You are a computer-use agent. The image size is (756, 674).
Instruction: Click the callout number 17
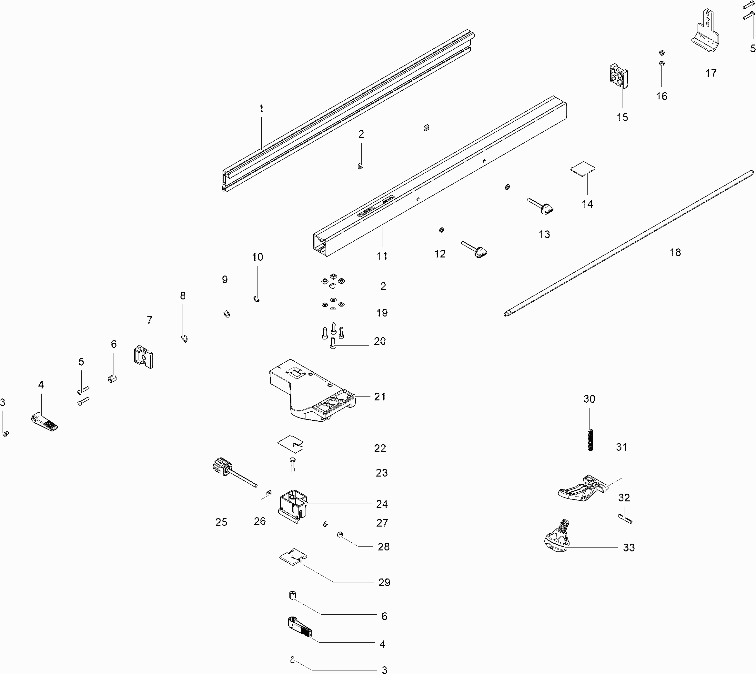(711, 73)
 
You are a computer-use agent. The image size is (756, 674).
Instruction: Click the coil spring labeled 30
(590, 439)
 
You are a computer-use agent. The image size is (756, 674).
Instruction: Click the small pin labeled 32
(625, 518)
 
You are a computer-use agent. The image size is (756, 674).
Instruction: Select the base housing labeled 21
(311, 393)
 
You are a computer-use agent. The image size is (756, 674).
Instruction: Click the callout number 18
(675, 253)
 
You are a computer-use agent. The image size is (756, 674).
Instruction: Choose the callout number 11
(382, 256)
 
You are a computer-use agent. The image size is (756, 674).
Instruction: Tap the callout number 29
(384, 582)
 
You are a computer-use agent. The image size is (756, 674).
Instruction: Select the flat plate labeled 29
(293, 556)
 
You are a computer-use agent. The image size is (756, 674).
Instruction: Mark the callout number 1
(261, 108)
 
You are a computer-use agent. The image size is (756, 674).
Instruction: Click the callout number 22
(380, 448)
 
